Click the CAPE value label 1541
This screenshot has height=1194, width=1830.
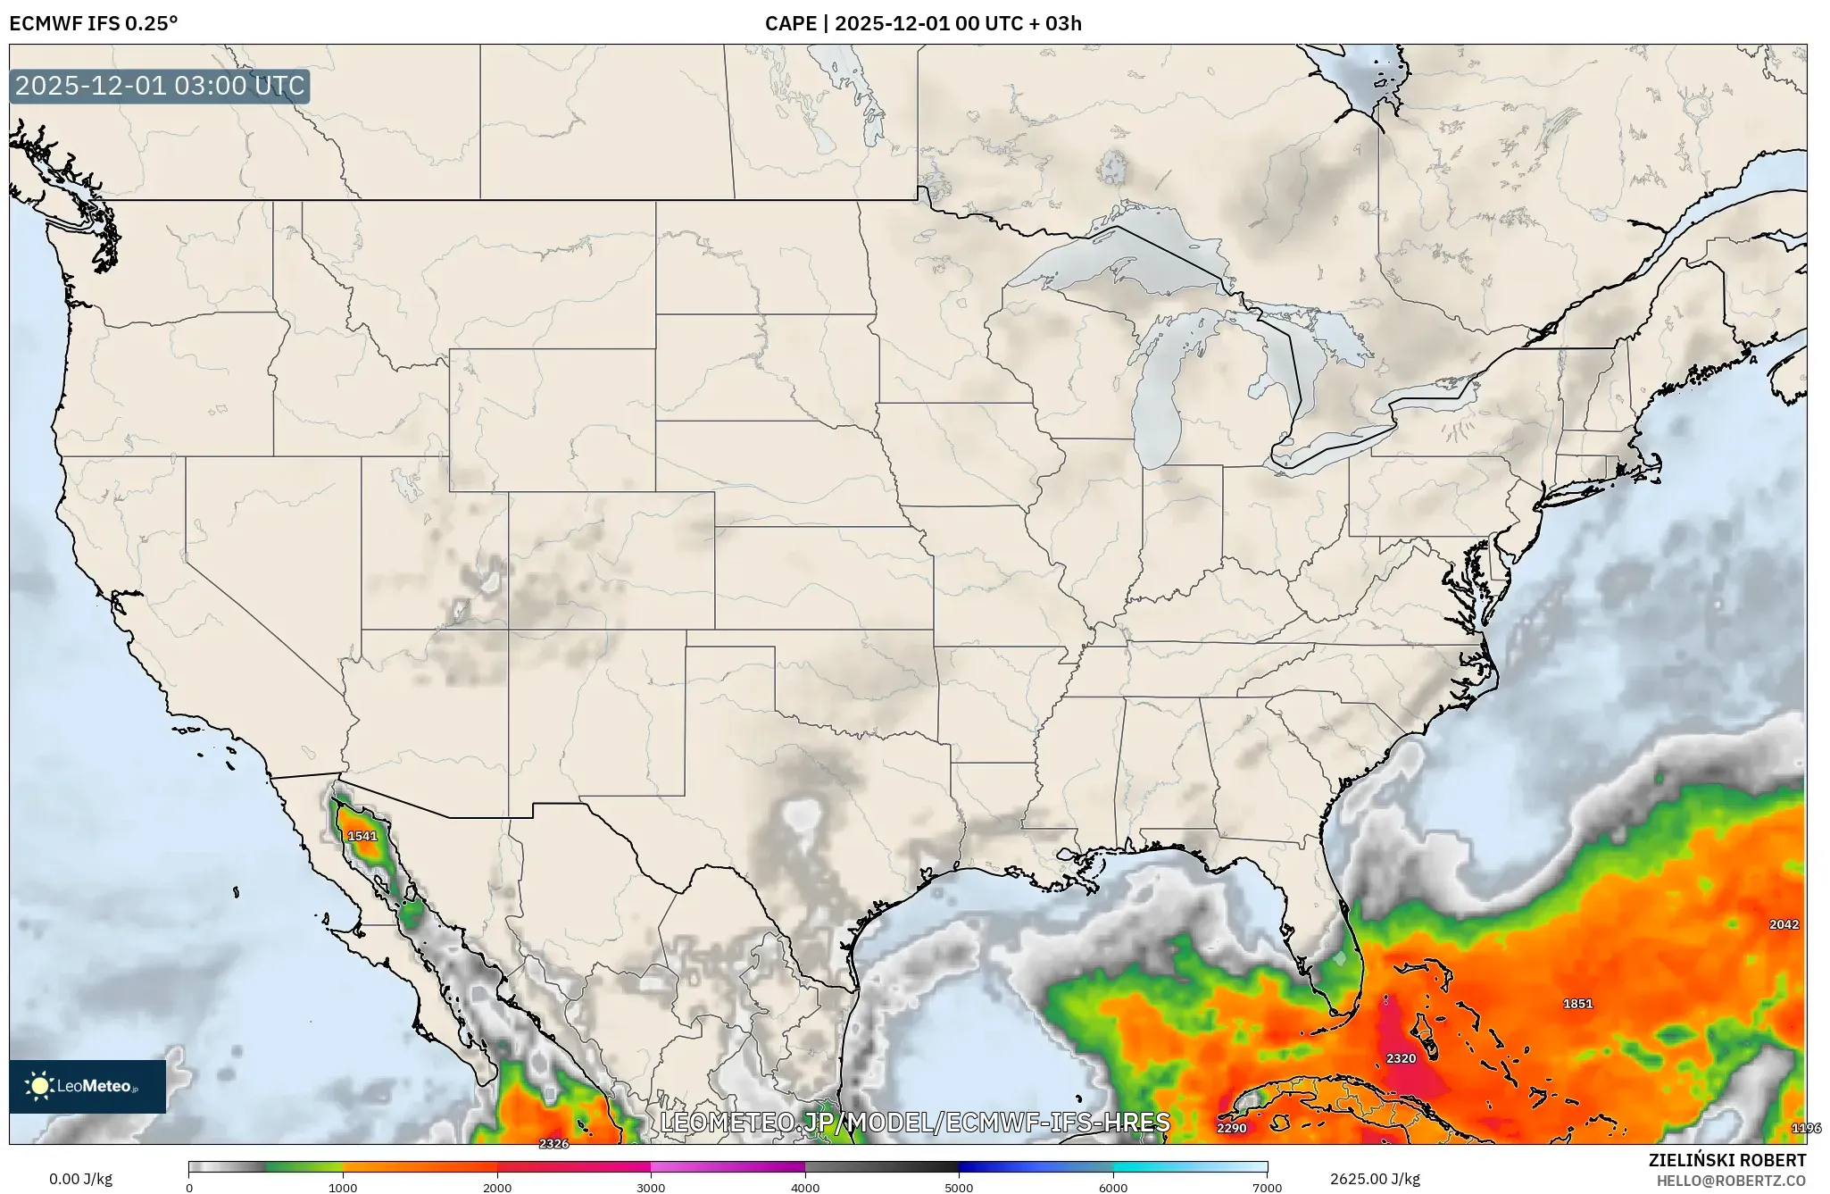coord(362,836)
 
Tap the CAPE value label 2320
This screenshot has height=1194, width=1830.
coord(1401,1058)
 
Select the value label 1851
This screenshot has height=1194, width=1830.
coord(1577,1004)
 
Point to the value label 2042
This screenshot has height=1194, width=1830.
coord(1784,924)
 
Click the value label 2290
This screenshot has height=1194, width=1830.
coord(1231,1128)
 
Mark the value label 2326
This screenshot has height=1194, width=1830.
coord(553,1143)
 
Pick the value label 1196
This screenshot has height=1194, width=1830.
coord(1806,1128)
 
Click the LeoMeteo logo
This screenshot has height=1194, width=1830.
coord(87,1086)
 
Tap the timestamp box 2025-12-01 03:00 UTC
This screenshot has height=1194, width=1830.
coord(160,86)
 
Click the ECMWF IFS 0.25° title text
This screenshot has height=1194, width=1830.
coord(93,23)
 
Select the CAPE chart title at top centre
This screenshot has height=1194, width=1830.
coord(923,23)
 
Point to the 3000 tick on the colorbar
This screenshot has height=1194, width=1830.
coord(651,1187)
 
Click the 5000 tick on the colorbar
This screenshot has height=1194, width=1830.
coord(959,1187)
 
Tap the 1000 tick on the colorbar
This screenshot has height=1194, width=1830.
coord(343,1187)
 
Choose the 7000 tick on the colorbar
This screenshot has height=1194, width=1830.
coord(1267,1187)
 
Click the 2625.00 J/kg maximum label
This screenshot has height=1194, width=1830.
coord(1375,1179)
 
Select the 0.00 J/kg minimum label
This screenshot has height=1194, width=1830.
coord(80,1179)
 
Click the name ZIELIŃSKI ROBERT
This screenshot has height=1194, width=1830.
coord(1726,1160)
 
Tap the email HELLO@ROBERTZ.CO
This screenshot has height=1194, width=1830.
coord(1731,1181)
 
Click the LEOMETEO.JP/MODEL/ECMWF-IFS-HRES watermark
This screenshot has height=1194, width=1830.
coord(915,1123)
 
